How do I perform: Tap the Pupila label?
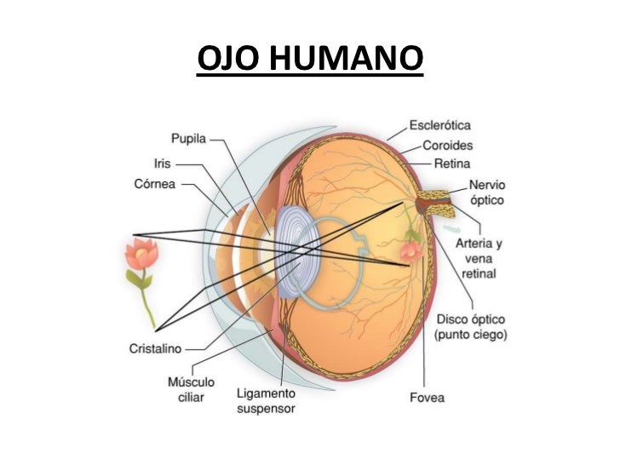(188, 137)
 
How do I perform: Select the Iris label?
(164, 163)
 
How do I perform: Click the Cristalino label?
(155, 348)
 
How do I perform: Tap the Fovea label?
(426, 397)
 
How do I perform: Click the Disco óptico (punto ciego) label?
(471, 327)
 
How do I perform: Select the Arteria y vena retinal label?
(479, 259)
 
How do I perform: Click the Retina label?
(451, 163)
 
